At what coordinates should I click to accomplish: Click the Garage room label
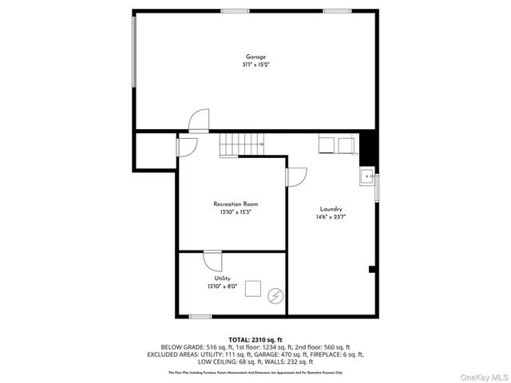pyautogui.click(x=255, y=57)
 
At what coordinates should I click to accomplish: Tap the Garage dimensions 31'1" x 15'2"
pyautogui.click(x=255, y=65)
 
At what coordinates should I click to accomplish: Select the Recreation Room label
pyautogui.click(x=236, y=204)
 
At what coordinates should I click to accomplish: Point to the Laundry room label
pyautogui.click(x=331, y=208)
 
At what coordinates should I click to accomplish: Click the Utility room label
pyautogui.click(x=222, y=278)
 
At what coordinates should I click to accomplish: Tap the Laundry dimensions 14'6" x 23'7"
pyautogui.click(x=331, y=216)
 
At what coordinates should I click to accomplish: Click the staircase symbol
pyautogui.click(x=242, y=145)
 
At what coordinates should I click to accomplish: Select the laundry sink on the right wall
pyautogui.click(x=367, y=177)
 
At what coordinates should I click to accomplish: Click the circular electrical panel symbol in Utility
pyautogui.click(x=275, y=295)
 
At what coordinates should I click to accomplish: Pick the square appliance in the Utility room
pyautogui.click(x=254, y=289)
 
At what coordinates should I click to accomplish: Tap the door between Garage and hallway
pyautogui.click(x=197, y=121)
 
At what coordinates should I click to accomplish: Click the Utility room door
pyautogui.click(x=212, y=261)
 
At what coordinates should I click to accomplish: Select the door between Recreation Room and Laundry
pyautogui.click(x=295, y=177)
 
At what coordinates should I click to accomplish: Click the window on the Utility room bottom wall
pyautogui.click(x=200, y=317)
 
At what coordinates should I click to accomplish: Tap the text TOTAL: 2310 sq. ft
pyautogui.click(x=255, y=340)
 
